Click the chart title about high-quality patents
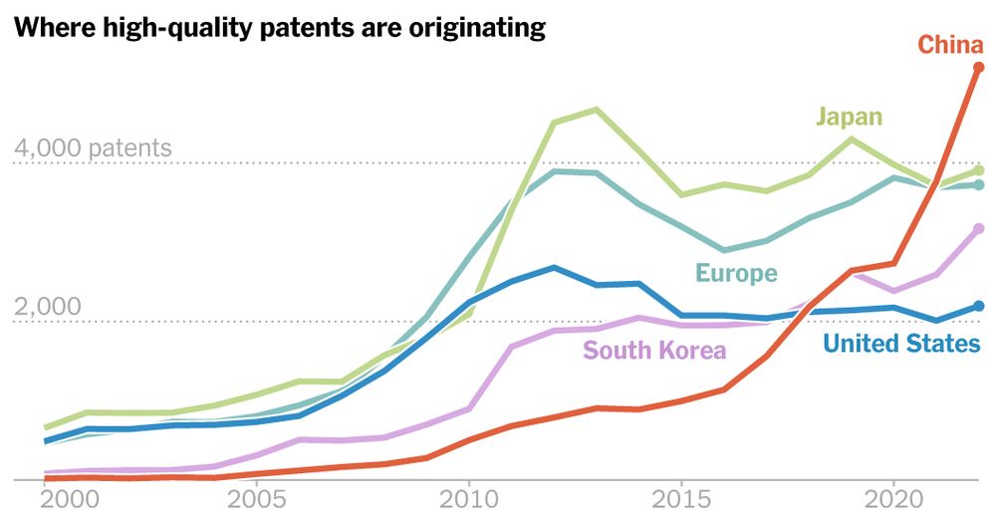[279, 28]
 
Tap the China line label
[950, 45]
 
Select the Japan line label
[850, 117]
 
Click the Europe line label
[736, 273]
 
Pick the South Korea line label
[654, 350]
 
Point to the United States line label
[902, 344]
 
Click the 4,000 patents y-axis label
[93, 148]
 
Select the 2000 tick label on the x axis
[44, 498]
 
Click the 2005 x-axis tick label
[256, 498]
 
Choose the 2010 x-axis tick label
[468, 498]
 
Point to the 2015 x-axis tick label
[680, 498]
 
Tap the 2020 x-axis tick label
[892, 498]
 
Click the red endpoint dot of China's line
[978, 68]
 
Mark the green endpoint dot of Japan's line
[978, 170]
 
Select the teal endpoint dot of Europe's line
[978, 185]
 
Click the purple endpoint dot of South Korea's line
[978, 229]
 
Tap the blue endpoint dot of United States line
[978, 306]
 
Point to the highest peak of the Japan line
[596, 110]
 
